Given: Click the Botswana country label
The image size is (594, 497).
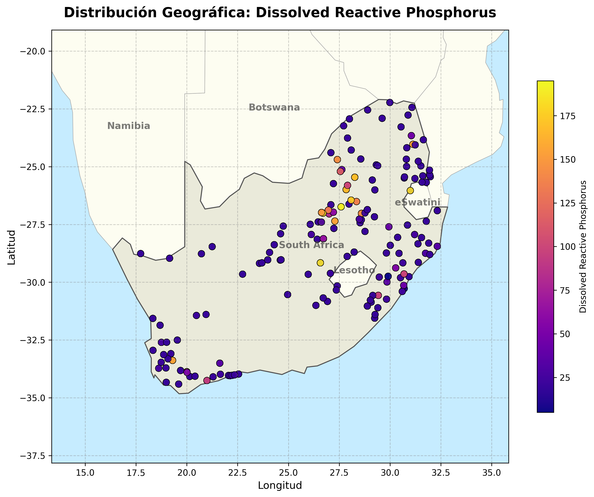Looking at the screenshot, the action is pyautogui.click(x=274, y=108).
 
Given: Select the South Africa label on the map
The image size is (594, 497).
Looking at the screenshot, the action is pyautogui.click(x=311, y=245).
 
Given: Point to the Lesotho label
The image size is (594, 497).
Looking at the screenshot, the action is pyautogui.click(x=354, y=270).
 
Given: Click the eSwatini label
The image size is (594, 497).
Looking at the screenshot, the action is pyautogui.click(x=417, y=203).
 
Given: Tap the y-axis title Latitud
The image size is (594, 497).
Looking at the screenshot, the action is pyautogui.click(x=12, y=247).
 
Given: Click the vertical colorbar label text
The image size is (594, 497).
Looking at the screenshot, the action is pyautogui.click(x=583, y=247).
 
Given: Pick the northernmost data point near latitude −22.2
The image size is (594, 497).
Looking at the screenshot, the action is pyautogui.click(x=390, y=102).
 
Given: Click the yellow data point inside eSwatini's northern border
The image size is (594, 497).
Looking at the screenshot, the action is pyautogui.click(x=410, y=191).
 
